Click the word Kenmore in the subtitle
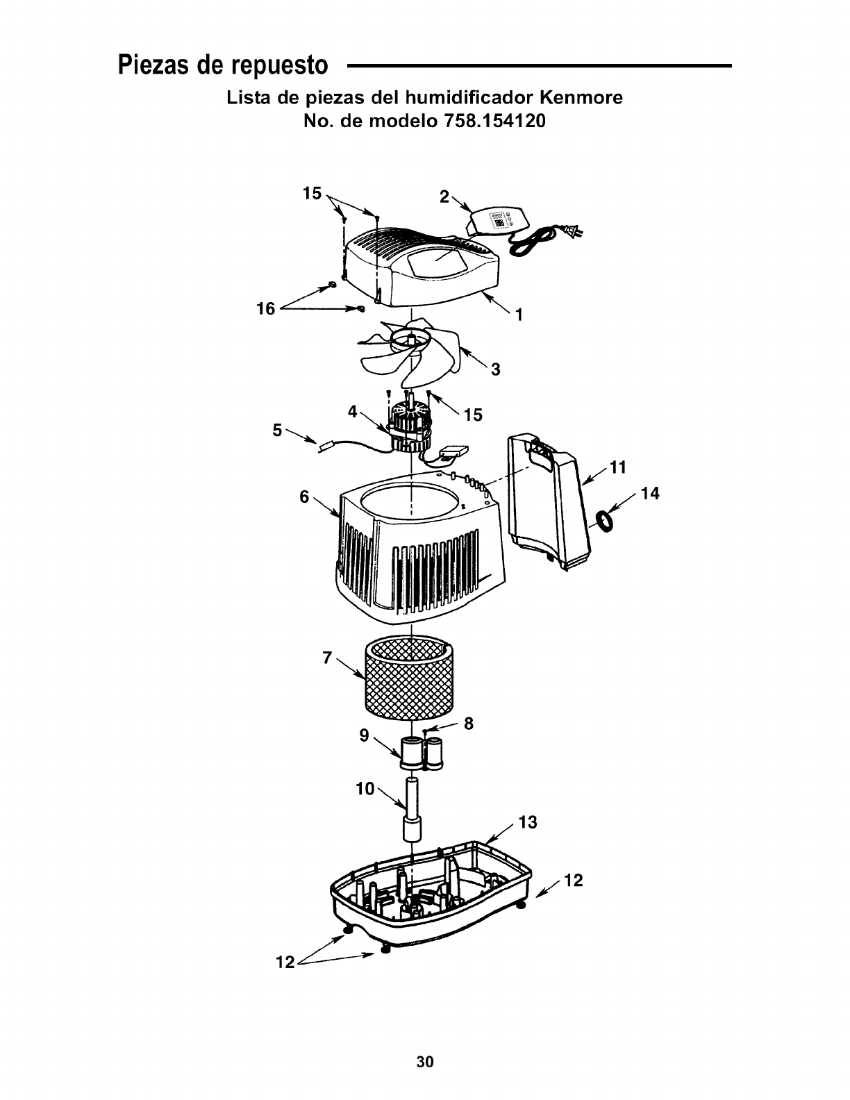point(581,98)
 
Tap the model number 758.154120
point(490,122)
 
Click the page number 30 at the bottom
point(425,1061)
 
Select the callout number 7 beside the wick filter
point(328,658)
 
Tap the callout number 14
point(650,494)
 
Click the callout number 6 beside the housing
point(304,497)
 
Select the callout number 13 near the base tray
point(528,823)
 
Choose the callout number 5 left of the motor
point(277,431)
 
